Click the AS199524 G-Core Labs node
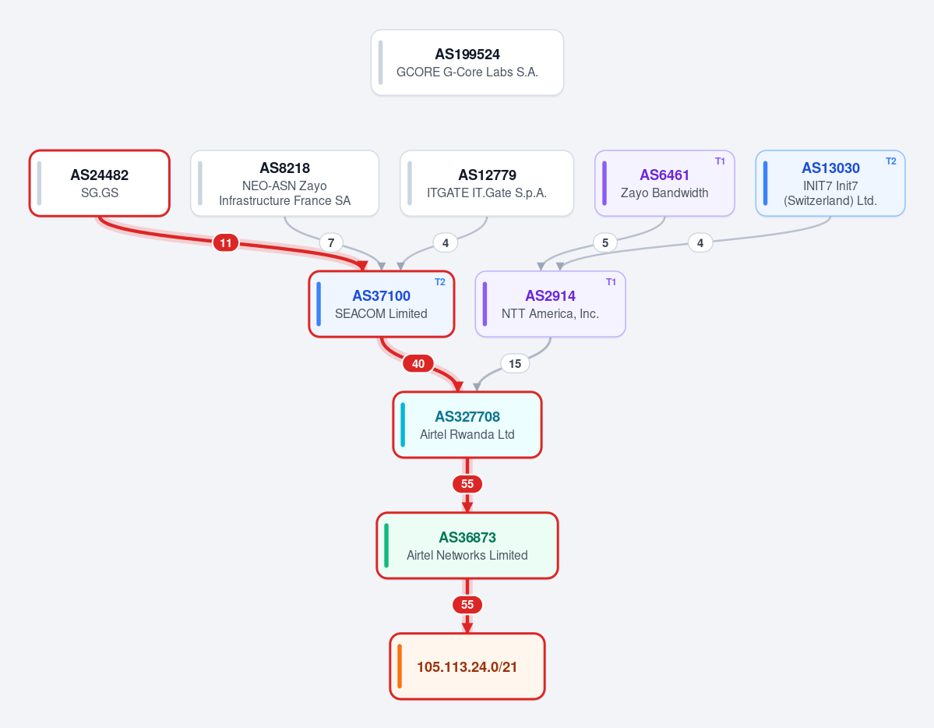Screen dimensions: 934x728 point(467,62)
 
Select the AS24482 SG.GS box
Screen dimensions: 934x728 point(100,183)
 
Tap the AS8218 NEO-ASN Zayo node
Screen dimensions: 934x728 point(285,183)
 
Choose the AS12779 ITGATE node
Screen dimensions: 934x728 point(487,183)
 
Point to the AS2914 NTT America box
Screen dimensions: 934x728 point(551,304)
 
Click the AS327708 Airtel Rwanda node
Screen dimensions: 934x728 point(467,425)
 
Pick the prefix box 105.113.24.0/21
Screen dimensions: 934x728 point(467,666)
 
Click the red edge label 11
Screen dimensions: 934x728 point(226,242)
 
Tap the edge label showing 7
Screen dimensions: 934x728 point(331,242)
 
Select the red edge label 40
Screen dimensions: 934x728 point(418,364)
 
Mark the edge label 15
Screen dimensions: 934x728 point(515,364)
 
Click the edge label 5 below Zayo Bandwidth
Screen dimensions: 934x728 point(605,242)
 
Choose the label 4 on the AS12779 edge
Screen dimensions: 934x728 point(446,242)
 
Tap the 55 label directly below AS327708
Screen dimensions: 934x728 point(467,484)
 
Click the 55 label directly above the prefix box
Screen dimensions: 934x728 point(467,605)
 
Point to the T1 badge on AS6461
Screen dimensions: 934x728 point(720,161)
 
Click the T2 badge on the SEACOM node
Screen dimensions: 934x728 point(439,282)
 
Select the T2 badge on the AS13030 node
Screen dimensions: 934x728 point(890,161)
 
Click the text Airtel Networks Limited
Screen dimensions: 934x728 point(467,555)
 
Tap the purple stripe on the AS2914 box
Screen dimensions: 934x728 point(485,304)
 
